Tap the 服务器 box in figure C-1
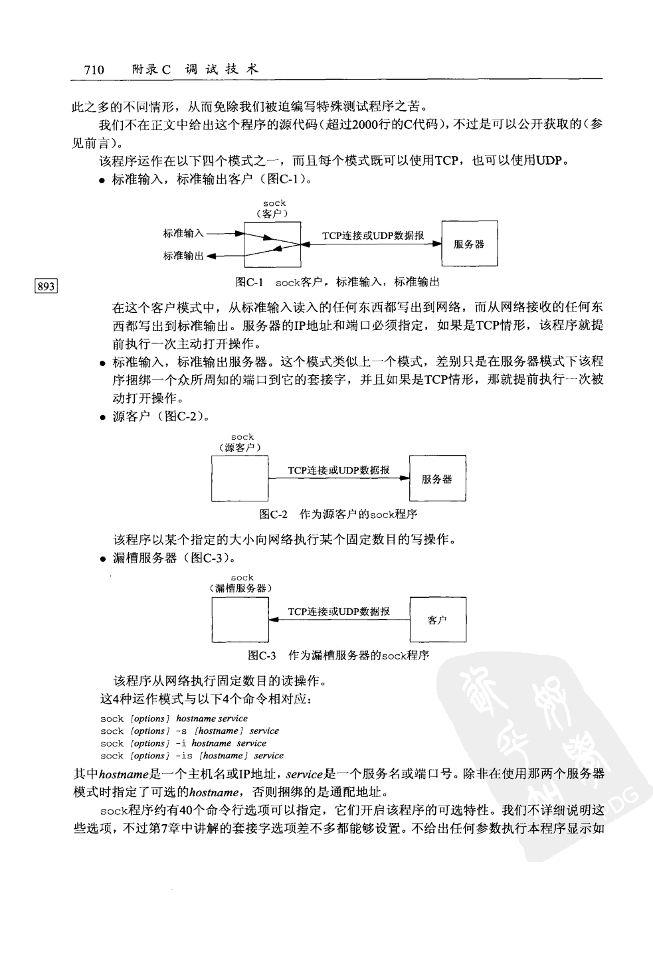pyautogui.click(x=469, y=244)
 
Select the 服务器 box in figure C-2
pyautogui.click(x=437, y=478)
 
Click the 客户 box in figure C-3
pyautogui.click(x=437, y=619)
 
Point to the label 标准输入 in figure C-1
pyautogui.click(x=183, y=233)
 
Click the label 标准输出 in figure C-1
pyautogui.click(x=183, y=256)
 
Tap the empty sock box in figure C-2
pyautogui.click(x=240, y=478)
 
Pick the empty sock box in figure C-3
pyautogui.click(x=240, y=619)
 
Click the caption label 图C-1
pyautogui.click(x=250, y=282)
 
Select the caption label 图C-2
pyautogui.click(x=274, y=514)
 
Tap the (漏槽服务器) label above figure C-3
pyautogui.click(x=242, y=588)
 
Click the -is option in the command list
pyautogui.click(x=183, y=756)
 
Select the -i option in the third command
pyautogui.click(x=181, y=743)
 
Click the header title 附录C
pyautogui.click(x=152, y=69)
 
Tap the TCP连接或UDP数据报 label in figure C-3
pyautogui.click(x=339, y=611)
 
